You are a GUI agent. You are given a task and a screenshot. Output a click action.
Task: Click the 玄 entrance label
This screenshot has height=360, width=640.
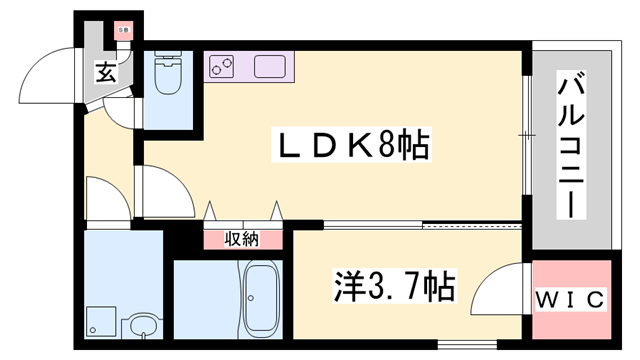105,72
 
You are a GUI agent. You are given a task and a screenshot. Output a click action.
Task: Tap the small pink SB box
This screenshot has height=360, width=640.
122,32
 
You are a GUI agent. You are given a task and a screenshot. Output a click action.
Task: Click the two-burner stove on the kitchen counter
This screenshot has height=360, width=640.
221,68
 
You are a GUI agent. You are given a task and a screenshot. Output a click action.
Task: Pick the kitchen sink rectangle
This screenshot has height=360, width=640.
271,69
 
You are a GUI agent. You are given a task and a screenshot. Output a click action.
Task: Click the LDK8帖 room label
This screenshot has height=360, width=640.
352,149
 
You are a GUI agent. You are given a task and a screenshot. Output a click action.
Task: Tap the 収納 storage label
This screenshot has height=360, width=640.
241,239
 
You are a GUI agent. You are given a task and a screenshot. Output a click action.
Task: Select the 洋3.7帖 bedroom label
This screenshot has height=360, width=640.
392,288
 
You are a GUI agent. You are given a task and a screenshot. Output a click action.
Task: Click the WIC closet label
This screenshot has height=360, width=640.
572,300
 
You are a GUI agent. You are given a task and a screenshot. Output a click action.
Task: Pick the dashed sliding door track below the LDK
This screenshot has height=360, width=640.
470,226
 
